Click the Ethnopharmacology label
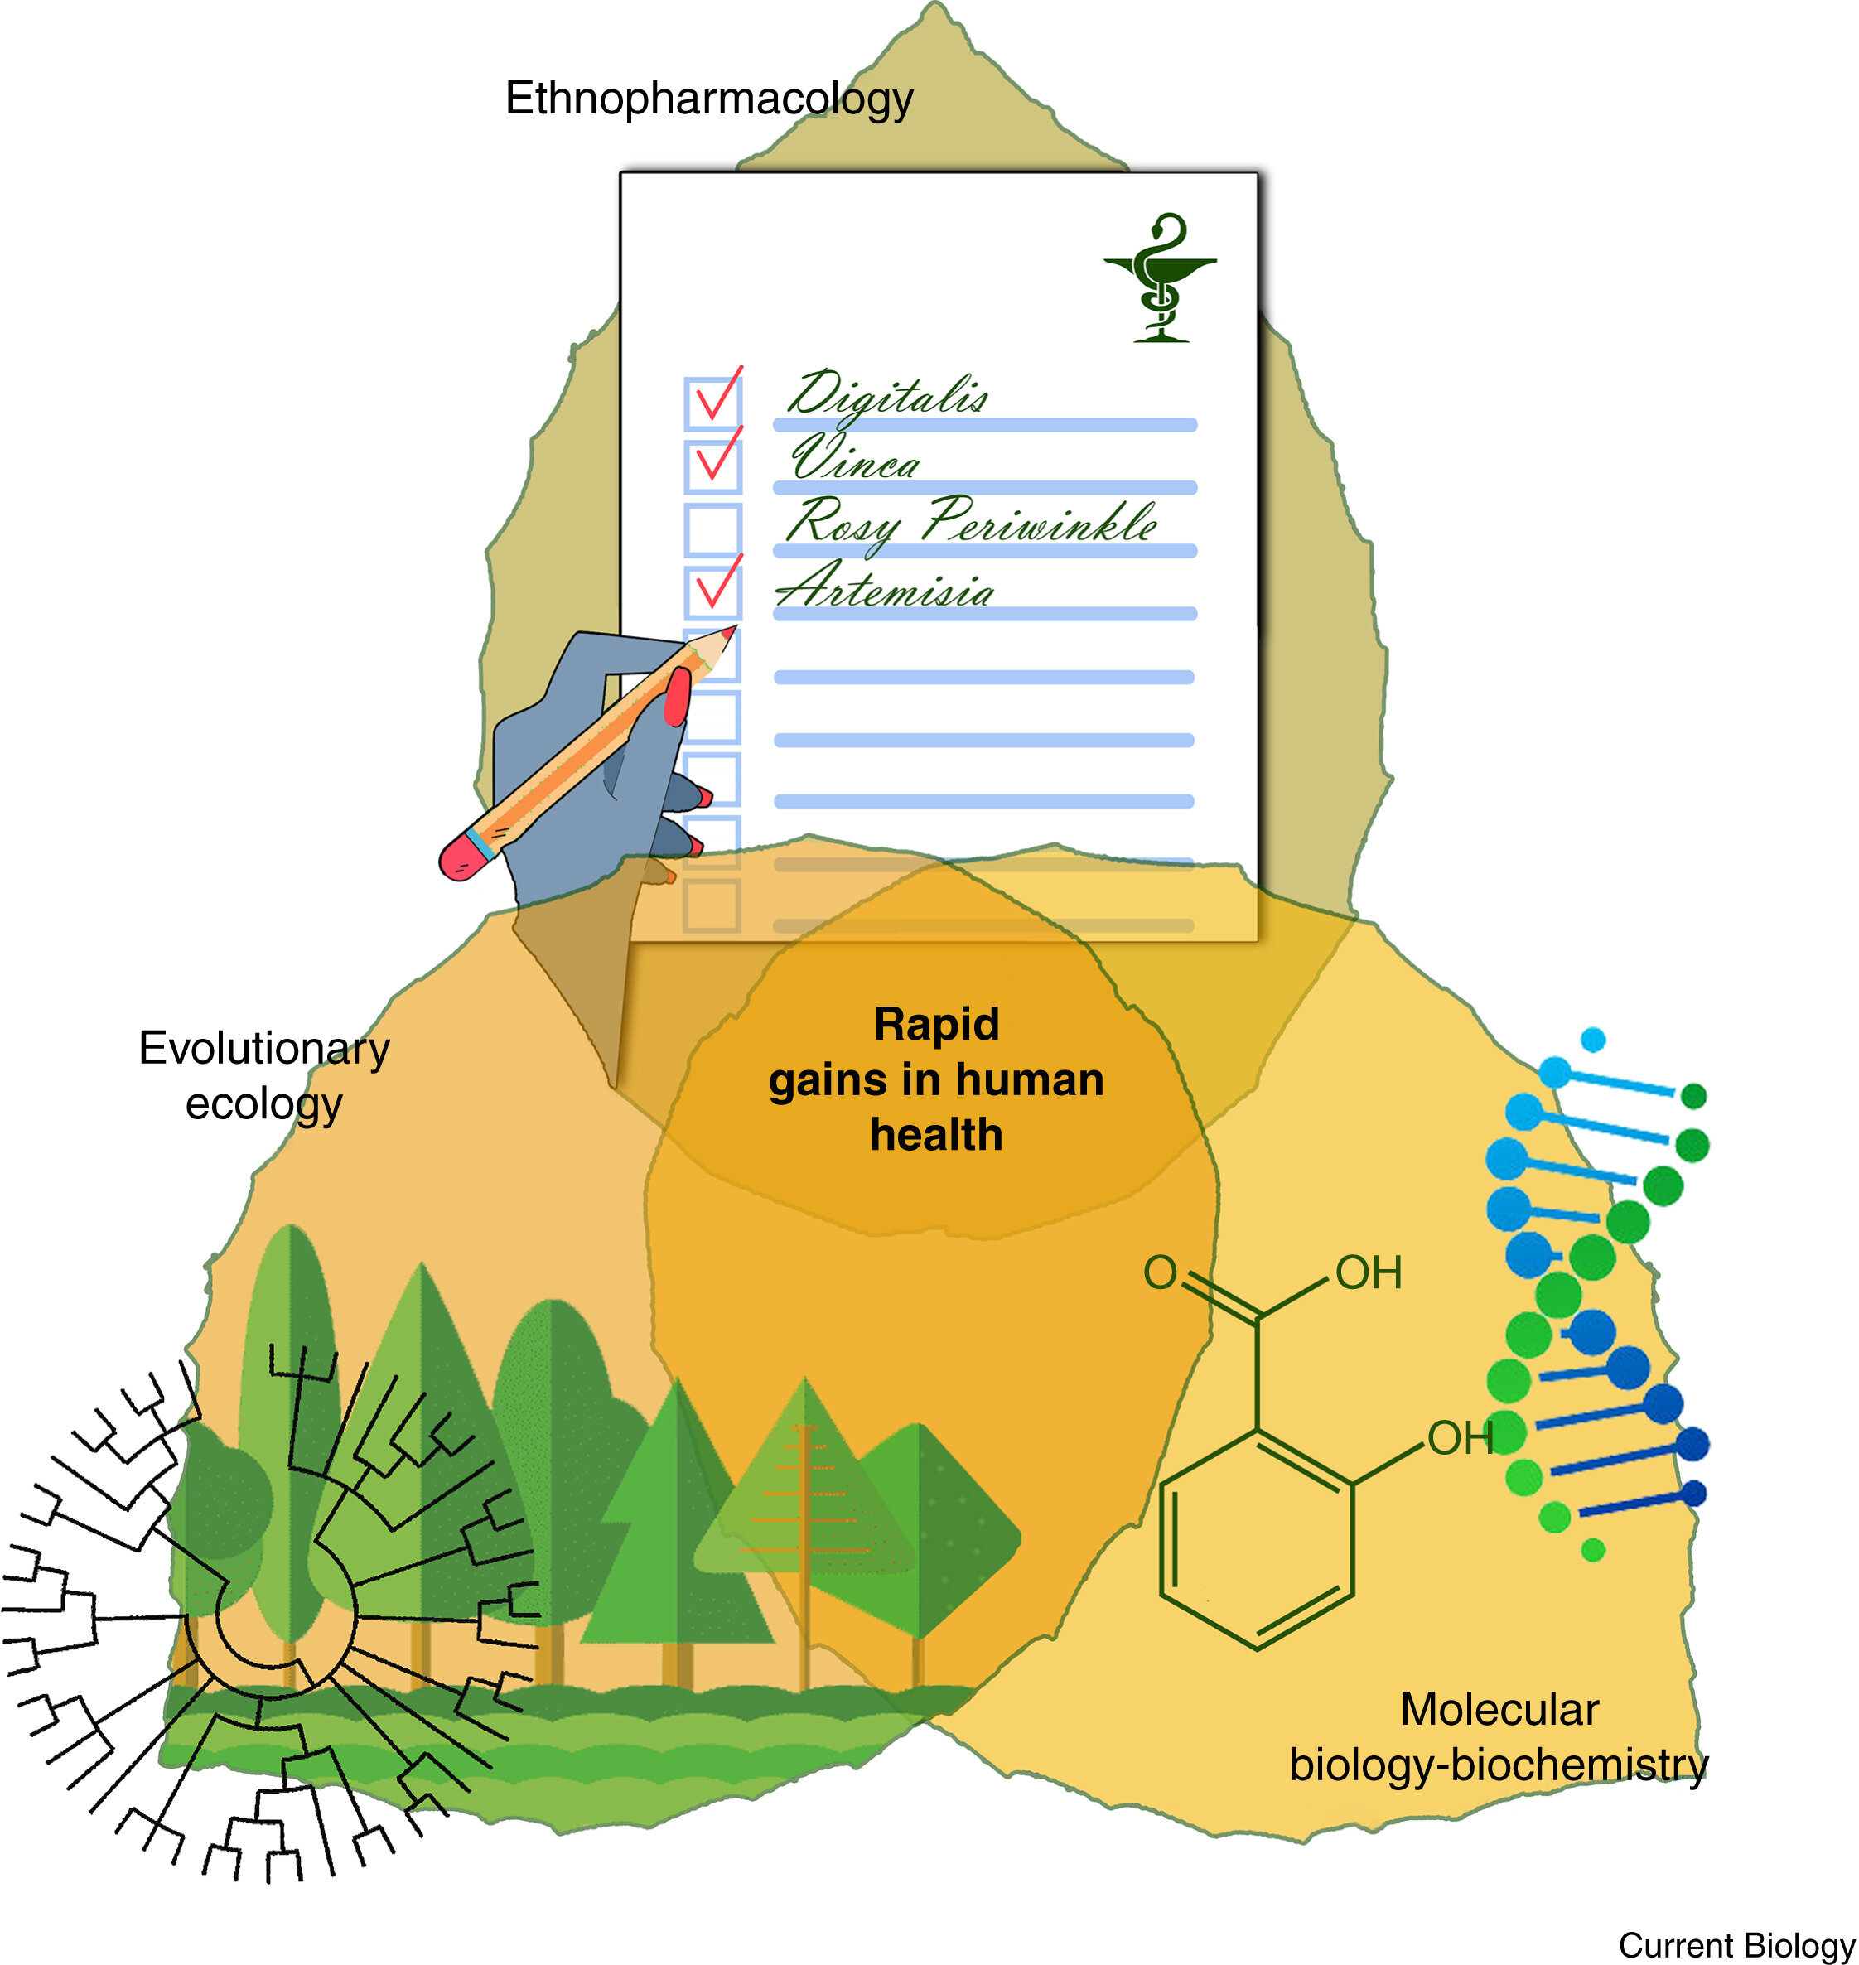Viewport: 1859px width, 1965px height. point(708,100)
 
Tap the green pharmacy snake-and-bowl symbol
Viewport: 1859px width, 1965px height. point(1161,278)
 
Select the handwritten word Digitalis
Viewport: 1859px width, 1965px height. point(888,395)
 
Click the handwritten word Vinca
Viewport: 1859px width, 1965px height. point(855,459)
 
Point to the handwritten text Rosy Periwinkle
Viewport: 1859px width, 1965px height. point(971,522)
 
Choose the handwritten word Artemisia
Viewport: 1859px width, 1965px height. point(885,587)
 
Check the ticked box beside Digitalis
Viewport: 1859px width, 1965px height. point(712,401)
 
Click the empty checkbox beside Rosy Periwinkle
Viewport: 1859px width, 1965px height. point(712,529)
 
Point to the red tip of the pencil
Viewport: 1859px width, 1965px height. point(731,630)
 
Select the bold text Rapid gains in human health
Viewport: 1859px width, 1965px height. point(936,1079)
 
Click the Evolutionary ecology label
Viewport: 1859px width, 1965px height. point(263,1076)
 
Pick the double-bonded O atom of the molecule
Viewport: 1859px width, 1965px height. point(1161,1272)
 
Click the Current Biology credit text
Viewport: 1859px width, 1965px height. point(1737,1944)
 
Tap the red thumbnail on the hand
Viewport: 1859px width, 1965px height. point(677,696)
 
